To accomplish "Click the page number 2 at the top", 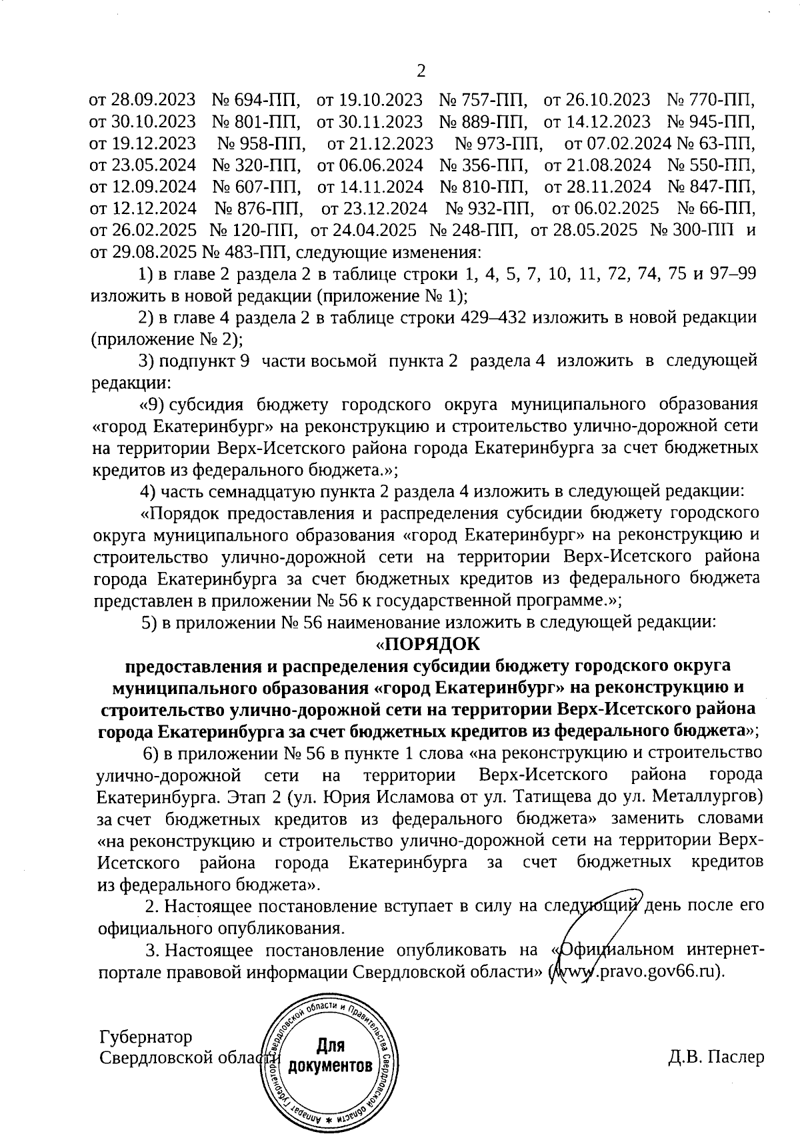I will coord(420,71).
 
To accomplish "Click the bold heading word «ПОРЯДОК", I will coord(427,645).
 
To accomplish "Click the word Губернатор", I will coord(145,1037).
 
